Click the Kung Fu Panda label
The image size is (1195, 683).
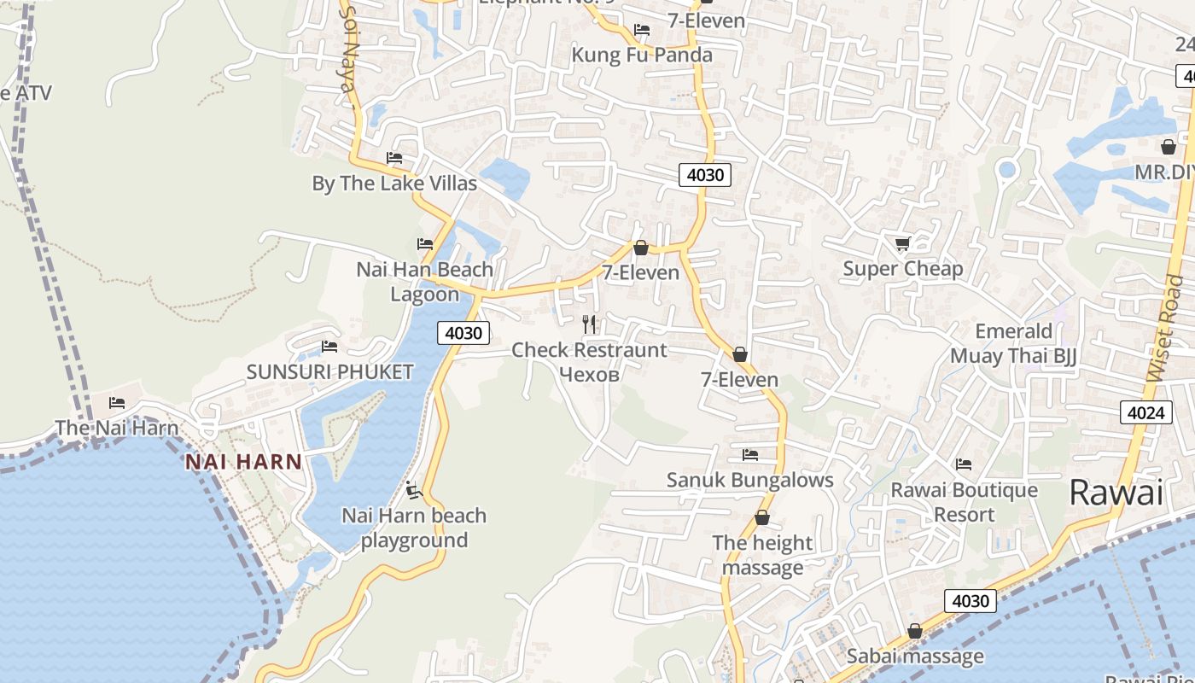[x=641, y=55]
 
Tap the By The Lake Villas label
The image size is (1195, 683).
[x=394, y=184]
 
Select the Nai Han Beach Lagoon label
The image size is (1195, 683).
[x=424, y=282]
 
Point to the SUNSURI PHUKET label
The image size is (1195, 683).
[x=329, y=372]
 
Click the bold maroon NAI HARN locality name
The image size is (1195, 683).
[x=244, y=463]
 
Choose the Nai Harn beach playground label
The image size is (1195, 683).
[x=414, y=528]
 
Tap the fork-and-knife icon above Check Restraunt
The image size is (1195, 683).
[x=589, y=324]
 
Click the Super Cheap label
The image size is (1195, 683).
[x=902, y=269]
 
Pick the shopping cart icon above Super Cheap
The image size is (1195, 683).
[x=903, y=244]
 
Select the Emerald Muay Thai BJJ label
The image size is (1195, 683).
[x=1013, y=343]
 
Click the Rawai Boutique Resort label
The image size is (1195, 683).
[x=964, y=502]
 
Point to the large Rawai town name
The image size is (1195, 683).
[x=1116, y=493]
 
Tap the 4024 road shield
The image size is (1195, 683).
[x=1145, y=413]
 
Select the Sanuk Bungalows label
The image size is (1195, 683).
[x=749, y=480]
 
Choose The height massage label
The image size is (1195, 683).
[x=762, y=555]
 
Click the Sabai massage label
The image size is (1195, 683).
[x=914, y=657]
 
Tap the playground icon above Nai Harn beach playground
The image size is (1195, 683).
[x=414, y=490]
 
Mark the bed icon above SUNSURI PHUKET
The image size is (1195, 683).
[x=329, y=347]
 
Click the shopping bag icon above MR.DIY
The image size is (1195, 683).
[x=1168, y=148]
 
